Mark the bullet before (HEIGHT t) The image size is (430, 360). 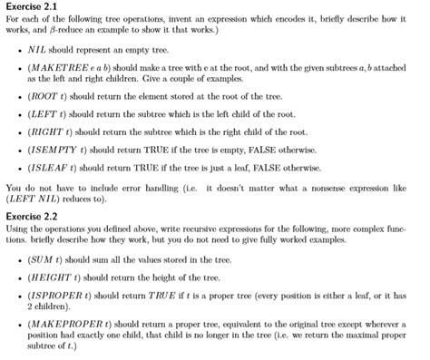pyautogui.click(x=20, y=277)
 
